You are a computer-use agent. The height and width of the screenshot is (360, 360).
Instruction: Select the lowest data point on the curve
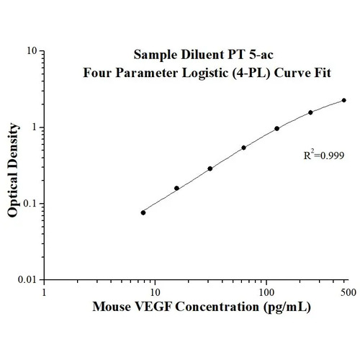click(143, 212)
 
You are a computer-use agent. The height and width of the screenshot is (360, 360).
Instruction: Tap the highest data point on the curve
click(344, 100)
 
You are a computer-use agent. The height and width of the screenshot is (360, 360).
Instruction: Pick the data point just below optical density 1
click(277, 129)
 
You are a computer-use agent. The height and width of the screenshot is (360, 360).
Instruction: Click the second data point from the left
click(176, 188)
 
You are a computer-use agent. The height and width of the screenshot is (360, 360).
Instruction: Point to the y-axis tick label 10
click(32, 52)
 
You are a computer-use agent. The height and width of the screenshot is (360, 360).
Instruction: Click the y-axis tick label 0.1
click(30, 204)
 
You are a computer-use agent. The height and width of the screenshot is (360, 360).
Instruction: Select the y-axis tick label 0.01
click(27, 279)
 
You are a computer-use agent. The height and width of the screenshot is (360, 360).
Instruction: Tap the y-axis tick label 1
click(35, 127)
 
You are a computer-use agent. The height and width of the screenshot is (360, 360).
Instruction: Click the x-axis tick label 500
click(346, 293)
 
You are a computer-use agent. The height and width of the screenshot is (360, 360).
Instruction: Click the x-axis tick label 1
click(45, 293)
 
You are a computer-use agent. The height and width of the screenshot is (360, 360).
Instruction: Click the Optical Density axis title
click(13, 165)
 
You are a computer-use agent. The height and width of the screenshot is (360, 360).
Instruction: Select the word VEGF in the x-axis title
click(150, 307)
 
